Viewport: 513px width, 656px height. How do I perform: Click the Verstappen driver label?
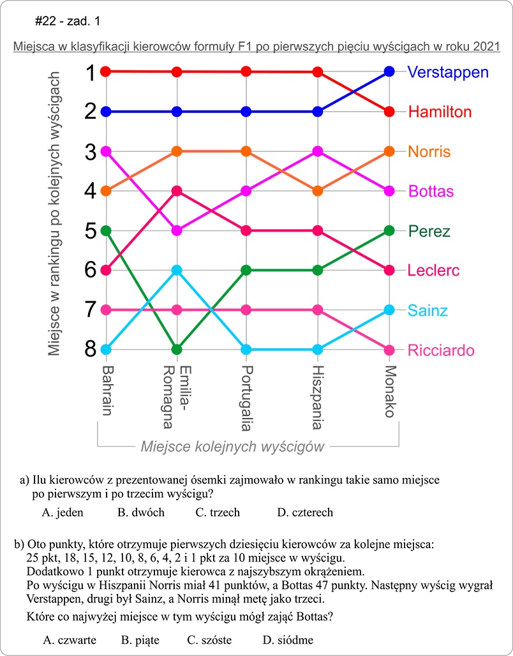(449, 71)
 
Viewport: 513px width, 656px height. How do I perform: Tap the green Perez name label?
(429, 231)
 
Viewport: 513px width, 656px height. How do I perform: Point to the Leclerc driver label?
(433, 271)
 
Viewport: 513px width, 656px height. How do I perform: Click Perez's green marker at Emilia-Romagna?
(177, 350)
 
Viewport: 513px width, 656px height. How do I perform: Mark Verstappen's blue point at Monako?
(390, 71)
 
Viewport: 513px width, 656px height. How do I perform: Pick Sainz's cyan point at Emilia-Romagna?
(177, 270)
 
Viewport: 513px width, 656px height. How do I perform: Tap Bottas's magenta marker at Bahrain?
(106, 151)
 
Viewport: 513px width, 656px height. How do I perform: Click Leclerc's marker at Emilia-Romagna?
(177, 191)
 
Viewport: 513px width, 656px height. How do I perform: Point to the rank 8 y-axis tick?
(91, 350)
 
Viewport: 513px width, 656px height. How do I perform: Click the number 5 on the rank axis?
(91, 230)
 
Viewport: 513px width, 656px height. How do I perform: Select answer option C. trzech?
(218, 512)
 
